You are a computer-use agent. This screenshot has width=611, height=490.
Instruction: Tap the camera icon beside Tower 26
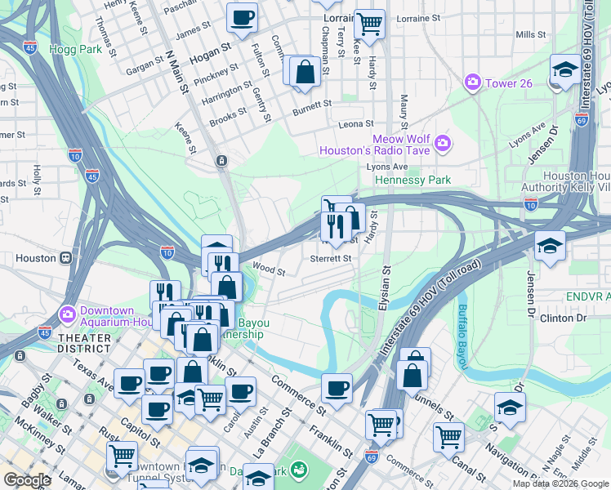tap(472, 82)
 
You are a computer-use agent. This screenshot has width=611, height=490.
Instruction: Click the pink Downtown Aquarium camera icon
tap(66, 314)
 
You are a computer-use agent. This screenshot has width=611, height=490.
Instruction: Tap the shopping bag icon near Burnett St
tap(304, 71)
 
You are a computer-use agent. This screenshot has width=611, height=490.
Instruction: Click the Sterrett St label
tap(330, 258)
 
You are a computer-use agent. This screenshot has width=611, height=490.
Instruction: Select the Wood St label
tap(269, 268)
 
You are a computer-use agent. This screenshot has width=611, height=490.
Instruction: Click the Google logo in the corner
tap(27, 480)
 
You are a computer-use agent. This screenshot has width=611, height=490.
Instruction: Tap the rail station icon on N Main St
tap(221, 161)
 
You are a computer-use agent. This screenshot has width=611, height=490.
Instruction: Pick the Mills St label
tap(530, 35)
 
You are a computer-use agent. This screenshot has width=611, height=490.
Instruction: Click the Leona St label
tap(356, 125)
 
